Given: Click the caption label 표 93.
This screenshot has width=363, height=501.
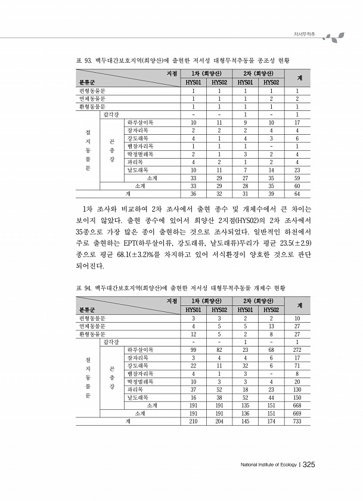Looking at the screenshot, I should click(x=83, y=61).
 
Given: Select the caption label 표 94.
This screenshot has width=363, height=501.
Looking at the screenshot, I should click(x=83, y=288).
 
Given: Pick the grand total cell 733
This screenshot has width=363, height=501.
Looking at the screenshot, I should click(x=297, y=421).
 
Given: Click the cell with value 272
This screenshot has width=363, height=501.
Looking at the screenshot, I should click(x=297, y=350).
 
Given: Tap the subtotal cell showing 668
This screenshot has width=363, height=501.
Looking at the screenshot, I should click(x=297, y=404).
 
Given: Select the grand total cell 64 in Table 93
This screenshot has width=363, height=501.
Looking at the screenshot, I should click(x=297, y=194).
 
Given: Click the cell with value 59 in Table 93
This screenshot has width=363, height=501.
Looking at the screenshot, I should click(x=297, y=178).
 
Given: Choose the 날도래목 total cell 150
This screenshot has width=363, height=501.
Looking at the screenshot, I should click(x=297, y=396).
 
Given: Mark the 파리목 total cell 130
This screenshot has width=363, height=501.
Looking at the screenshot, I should click(x=297, y=388).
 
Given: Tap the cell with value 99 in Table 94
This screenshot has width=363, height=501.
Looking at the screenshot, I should click(x=194, y=350).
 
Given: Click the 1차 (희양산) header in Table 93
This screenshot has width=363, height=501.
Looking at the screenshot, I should click(x=206, y=73).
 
